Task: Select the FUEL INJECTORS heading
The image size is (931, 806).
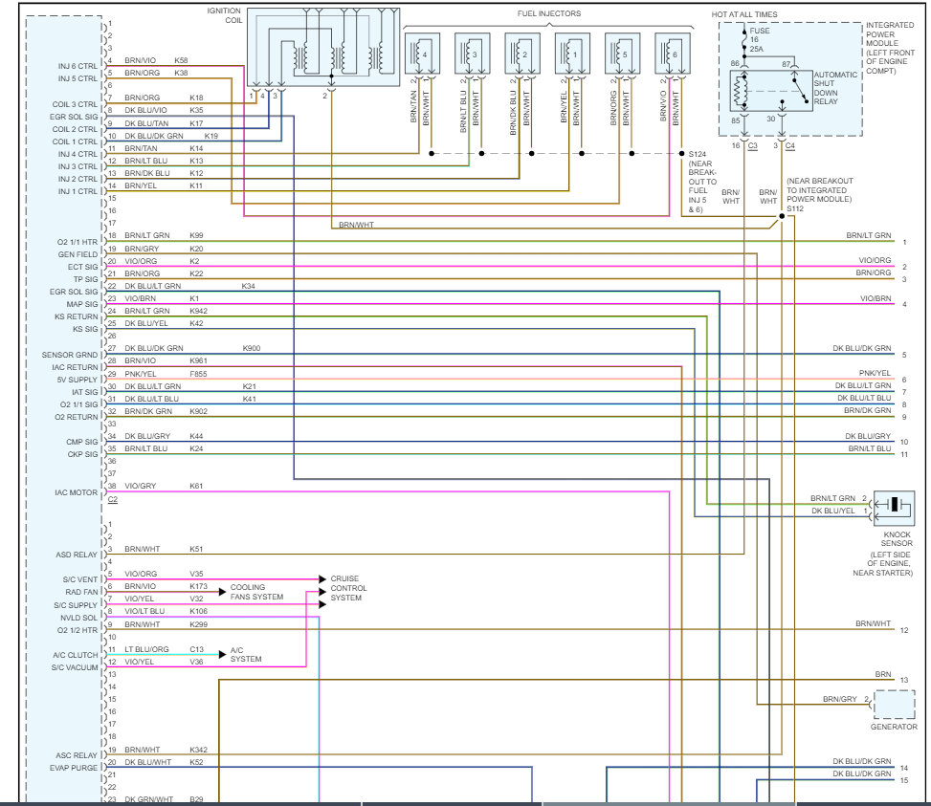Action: (x=550, y=13)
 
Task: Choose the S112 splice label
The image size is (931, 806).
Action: (x=795, y=208)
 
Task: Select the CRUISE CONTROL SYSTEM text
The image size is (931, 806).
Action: (x=346, y=588)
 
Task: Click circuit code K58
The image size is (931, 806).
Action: (x=181, y=60)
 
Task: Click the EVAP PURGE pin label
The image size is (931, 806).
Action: (x=74, y=768)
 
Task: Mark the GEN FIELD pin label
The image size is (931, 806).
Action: (x=78, y=254)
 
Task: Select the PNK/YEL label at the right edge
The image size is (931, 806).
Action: (x=875, y=373)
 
